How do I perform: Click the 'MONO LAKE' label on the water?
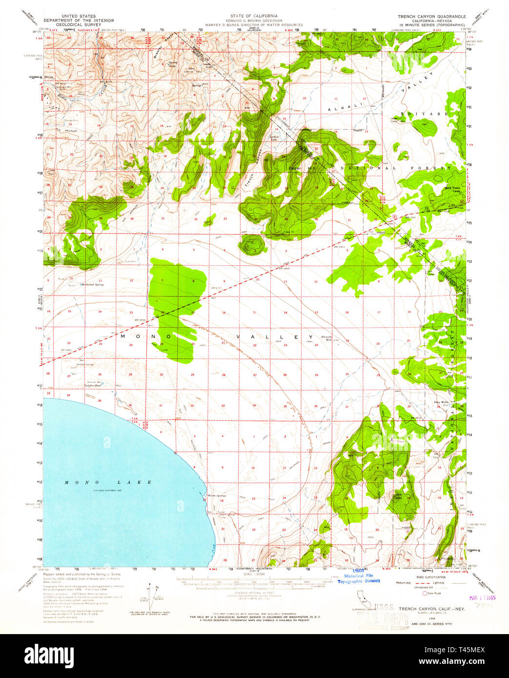click(109, 482)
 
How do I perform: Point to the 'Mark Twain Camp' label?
click(452, 189)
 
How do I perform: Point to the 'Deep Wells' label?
click(441, 402)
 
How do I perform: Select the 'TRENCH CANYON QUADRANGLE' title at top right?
click(431, 16)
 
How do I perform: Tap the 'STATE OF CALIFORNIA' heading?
click(254, 16)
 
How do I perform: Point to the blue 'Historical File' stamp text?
click(359, 576)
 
